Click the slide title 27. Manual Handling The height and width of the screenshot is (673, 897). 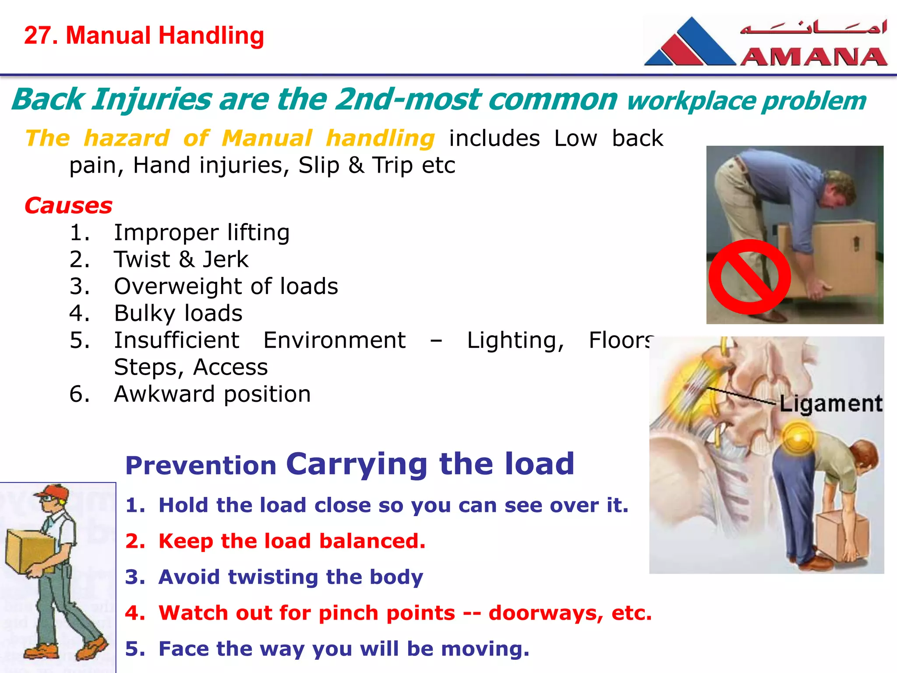tap(144, 35)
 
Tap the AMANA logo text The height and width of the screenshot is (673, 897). tap(814, 57)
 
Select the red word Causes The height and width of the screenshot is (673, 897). tap(68, 205)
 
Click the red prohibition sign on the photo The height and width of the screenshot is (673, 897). tap(749, 277)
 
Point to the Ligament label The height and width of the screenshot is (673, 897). tap(830, 404)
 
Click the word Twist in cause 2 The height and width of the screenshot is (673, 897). tap(142, 259)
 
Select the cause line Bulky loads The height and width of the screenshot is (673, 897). tap(178, 313)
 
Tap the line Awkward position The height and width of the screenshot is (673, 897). tap(212, 394)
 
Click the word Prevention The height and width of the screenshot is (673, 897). tap(201, 465)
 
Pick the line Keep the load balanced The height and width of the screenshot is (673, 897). tap(292, 541)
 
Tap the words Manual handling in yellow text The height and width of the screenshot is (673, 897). tap(328, 138)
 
